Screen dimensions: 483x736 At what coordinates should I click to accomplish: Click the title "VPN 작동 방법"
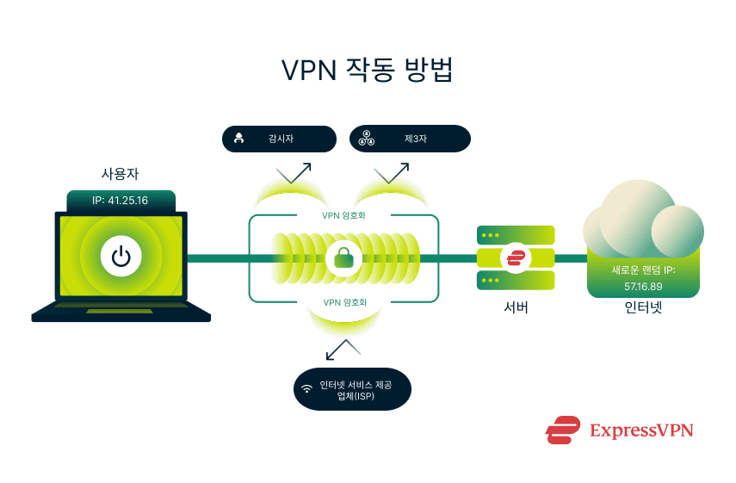pyautogui.click(x=368, y=71)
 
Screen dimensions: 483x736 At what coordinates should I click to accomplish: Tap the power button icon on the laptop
pyautogui.click(x=121, y=256)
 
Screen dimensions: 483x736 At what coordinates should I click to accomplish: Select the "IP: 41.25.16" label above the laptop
pyautogui.click(x=121, y=201)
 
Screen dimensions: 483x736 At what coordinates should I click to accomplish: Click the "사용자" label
pyautogui.click(x=121, y=174)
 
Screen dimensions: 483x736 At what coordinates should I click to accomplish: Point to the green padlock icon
pyautogui.click(x=344, y=257)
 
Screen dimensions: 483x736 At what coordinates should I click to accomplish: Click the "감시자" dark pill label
pyautogui.click(x=279, y=139)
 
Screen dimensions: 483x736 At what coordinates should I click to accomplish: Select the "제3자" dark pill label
pyautogui.click(x=410, y=139)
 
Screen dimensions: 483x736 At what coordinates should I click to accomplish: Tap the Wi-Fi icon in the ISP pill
pyautogui.click(x=306, y=389)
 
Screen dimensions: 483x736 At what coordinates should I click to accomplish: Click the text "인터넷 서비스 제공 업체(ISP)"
pyautogui.click(x=356, y=389)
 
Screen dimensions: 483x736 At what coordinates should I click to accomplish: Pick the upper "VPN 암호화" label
pyautogui.click(x=344, y=215)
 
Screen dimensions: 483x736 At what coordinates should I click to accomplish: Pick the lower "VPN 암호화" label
pyautogui.click(x=344, y=302)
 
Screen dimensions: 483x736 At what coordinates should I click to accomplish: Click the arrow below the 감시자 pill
pyautogui.click(x=294, y=172)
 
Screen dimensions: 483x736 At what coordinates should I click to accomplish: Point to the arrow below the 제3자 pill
pyautogui.click(x=391, y=172)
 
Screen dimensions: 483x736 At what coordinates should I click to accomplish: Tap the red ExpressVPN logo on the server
pyautogui.click(x=516, y=257)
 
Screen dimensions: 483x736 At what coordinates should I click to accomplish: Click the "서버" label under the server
pyautogui.click(x=515, y=307)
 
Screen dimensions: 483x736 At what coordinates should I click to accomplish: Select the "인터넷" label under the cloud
pyautogui.click(x=643, y=307)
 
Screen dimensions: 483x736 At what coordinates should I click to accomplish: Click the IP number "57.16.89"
pyautogui.click(x=643, y=285)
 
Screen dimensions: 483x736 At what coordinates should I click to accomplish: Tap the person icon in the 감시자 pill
pyautogui.click(x=239, y=139)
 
